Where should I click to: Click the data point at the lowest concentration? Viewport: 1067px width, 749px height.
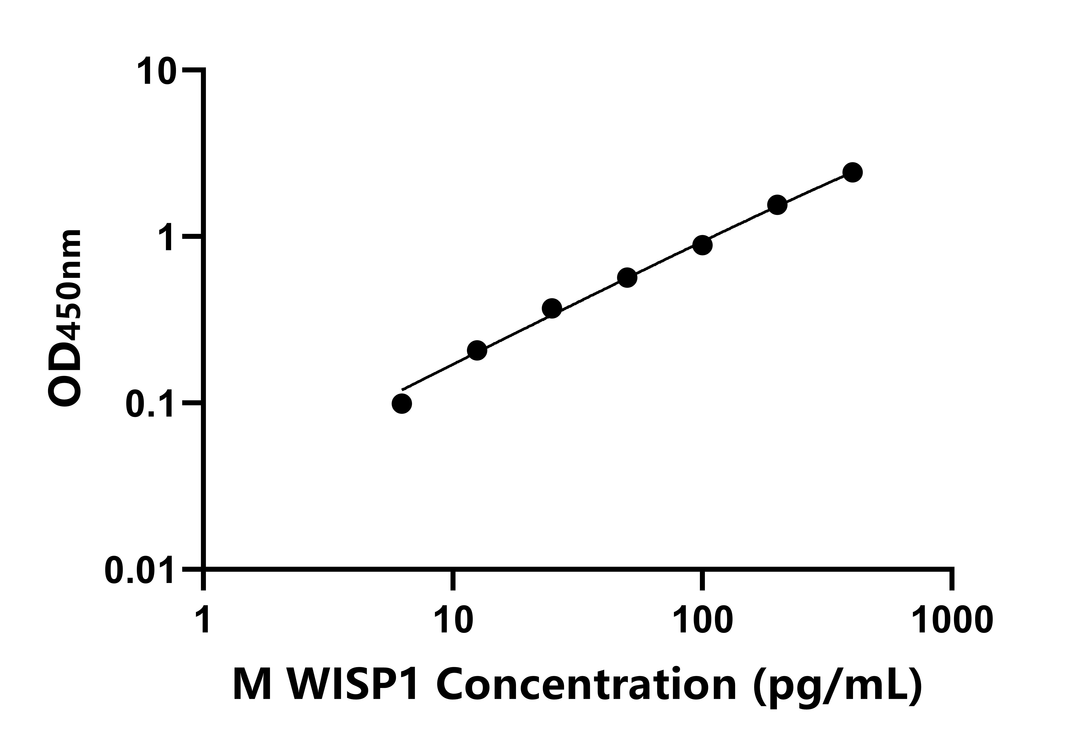coord(401,404)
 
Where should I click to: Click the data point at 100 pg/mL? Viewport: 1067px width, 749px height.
coord(703,245)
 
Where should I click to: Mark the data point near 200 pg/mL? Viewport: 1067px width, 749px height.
coord(777,205)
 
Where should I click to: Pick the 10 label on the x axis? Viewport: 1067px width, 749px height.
coord(453,620)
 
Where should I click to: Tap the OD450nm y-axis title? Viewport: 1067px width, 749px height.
coord(65,319)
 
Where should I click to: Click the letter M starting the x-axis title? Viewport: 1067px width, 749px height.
coord(252,684)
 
